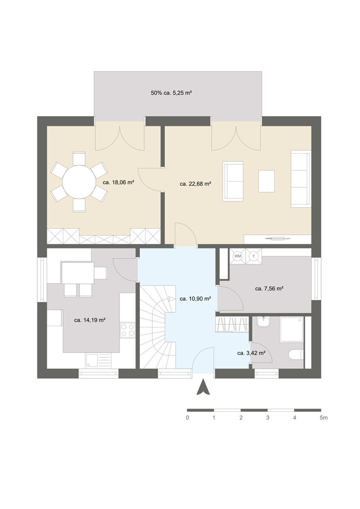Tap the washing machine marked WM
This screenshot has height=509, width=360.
[x=237, y=256]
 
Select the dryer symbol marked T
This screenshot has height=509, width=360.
[x=254, y=256]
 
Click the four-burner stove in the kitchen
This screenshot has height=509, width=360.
[x=127, y=330]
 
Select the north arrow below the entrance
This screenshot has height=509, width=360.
[x=202, y=387]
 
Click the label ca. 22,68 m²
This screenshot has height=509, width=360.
[x=195, y=184]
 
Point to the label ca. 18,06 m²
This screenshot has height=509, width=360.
[x=118, y=182]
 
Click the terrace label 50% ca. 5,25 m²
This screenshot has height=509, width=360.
[x=171, y=93]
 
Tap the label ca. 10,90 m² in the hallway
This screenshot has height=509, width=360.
[x=195, y=298]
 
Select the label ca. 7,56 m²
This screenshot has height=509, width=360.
[x=269, y=289]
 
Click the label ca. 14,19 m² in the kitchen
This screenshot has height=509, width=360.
[x=90, y=320]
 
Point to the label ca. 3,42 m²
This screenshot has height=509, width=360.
[x=251, y=353]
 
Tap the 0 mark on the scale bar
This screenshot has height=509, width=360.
[x=187, y=418]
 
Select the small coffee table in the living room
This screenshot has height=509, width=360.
[x=266, y=181]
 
